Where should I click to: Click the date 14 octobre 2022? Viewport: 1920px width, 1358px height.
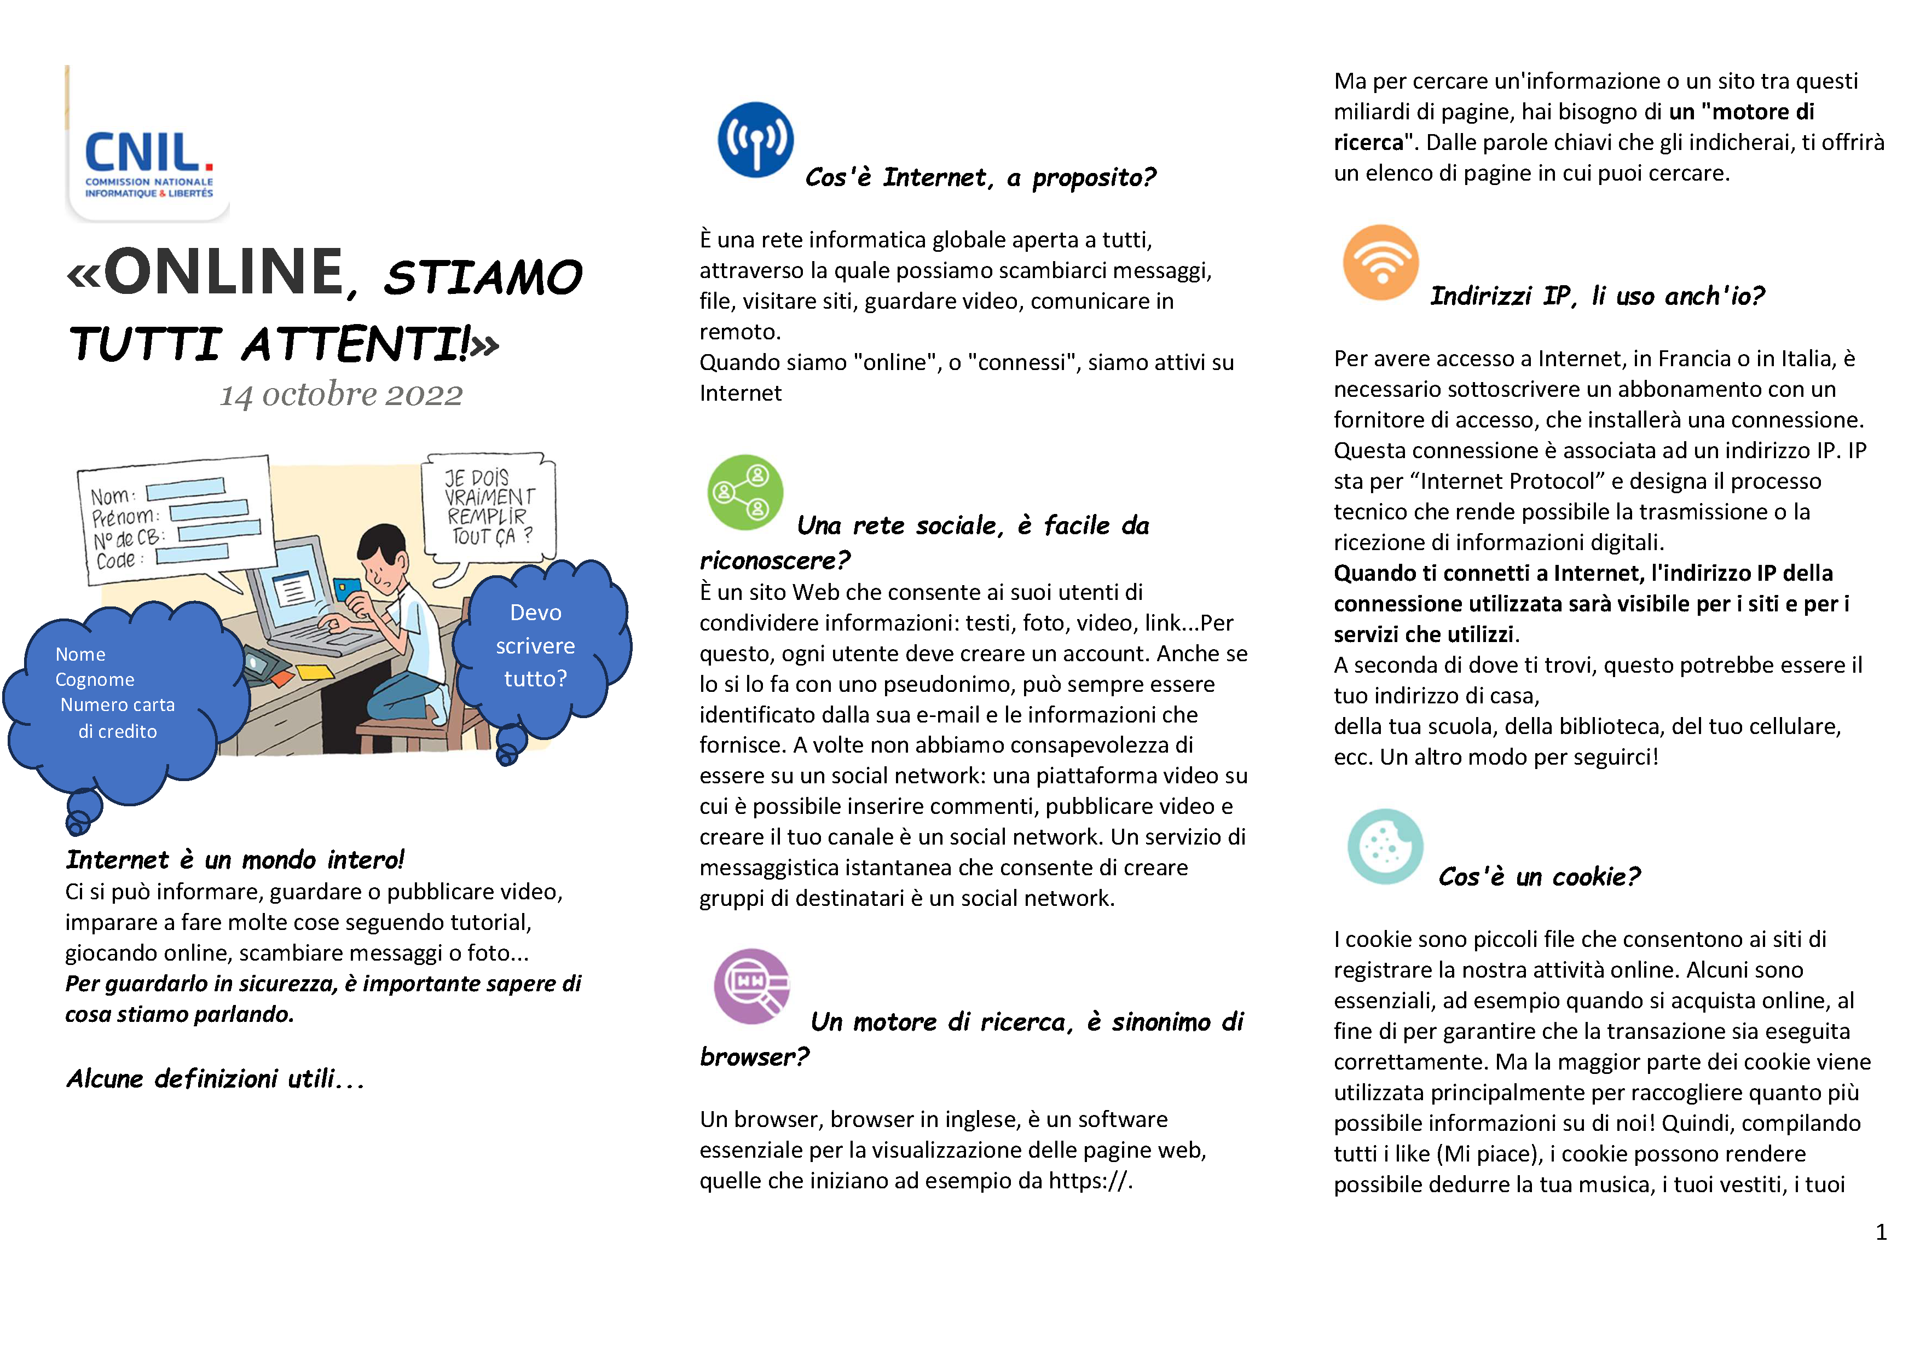(341, 394)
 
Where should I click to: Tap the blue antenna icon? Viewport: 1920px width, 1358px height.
(755, 140)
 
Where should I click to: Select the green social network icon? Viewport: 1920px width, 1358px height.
(745, 493)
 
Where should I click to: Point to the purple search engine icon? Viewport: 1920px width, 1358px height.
(752, 986)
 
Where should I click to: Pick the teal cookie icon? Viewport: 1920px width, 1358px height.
(1385, 846)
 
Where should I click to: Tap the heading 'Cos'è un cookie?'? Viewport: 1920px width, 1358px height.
(1539, 876)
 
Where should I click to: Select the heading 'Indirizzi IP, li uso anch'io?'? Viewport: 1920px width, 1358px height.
(1597, 296)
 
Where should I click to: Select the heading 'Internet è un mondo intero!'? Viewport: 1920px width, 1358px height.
(235, 859)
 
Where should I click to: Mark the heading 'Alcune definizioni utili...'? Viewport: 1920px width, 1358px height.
(216, 1079)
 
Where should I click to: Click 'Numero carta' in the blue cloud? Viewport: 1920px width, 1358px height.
(118, 705)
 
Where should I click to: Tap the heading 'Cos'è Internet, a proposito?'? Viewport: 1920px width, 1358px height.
(980, 177)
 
